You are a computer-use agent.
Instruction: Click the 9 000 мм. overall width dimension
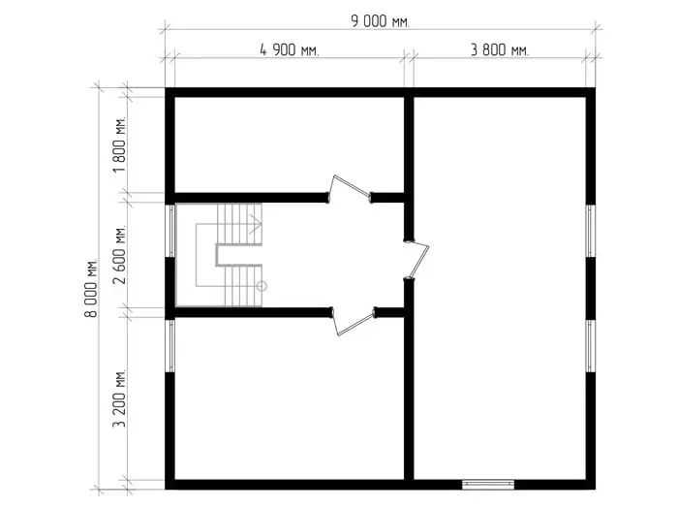380,20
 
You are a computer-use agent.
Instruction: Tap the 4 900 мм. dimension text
289,49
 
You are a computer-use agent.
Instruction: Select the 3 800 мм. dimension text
500,49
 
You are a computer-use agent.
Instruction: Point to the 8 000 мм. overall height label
91,288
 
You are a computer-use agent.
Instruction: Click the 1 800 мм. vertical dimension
120,144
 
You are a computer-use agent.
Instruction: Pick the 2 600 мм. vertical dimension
120,254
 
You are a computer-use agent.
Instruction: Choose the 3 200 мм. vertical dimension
120,398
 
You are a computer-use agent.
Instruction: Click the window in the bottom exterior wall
488,485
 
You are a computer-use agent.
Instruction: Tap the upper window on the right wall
591,231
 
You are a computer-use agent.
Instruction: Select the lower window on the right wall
591,346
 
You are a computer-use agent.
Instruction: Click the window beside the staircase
170,231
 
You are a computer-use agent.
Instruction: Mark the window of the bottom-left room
170,345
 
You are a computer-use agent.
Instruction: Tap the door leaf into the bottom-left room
354,324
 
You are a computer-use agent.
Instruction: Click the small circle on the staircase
262,286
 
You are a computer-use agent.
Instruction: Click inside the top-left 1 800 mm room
289,144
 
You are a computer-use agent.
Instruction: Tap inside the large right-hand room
500,288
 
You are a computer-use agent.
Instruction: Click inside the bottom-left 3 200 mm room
289,398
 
